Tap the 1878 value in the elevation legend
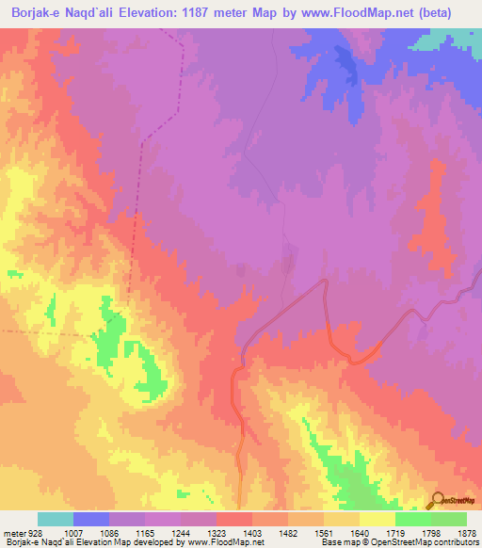[x=466, y=532]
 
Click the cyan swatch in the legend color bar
[x=56, y=519]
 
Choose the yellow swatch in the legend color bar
[x=378, y=519]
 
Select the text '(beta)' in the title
[x=457, y=13]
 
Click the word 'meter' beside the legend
[x=14, y=532]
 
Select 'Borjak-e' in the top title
[x=33, y=13]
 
